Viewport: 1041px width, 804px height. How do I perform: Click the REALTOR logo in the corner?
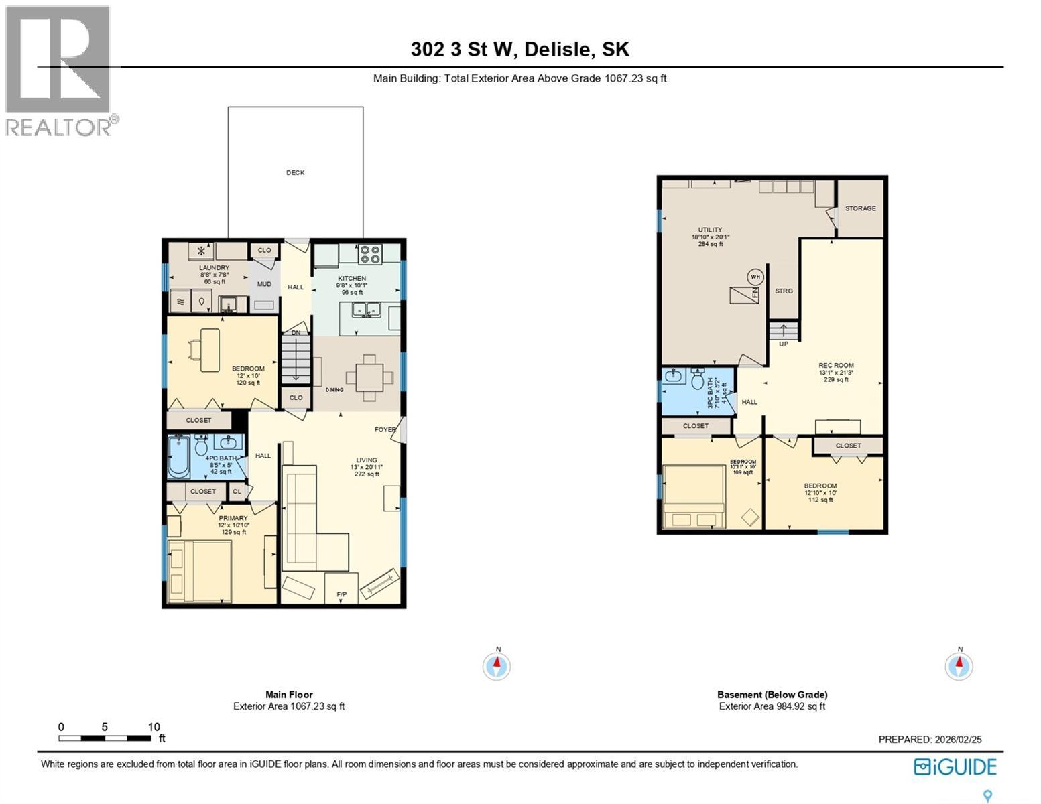(58, 70)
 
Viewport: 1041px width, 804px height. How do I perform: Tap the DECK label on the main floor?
(295, 172)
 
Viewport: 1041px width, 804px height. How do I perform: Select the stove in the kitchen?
(369, 254)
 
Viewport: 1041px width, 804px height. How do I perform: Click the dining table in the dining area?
(369, 377)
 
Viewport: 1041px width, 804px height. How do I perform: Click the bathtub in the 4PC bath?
(179, 458)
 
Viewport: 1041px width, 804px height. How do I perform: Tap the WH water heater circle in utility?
(755, 277)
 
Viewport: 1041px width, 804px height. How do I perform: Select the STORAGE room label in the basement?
(860, 208)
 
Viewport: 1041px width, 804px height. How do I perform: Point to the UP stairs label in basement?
(783, 344)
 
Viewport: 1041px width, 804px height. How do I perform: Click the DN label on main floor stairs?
(296, 333)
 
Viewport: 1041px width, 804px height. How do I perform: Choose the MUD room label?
(264, 284)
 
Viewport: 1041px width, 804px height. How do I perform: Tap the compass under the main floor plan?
(497, 666)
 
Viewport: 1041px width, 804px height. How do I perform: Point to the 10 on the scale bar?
(154, 727)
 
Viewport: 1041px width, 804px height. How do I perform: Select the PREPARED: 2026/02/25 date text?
(930, 740)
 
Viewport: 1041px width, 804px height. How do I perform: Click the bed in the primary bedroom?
(200, 571)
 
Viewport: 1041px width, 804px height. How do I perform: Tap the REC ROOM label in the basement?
(836, 365)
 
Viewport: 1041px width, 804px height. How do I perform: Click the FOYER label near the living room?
(385, 430)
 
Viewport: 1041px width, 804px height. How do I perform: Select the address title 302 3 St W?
(520, 50)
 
